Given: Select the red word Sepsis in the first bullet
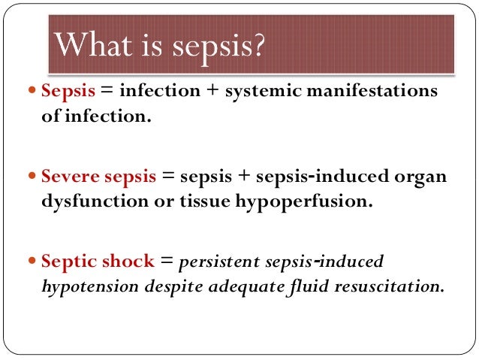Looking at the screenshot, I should (x=66, y=92).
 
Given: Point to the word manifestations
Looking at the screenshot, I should (x=380, y=92).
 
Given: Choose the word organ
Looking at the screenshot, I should (x=422, y=177).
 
